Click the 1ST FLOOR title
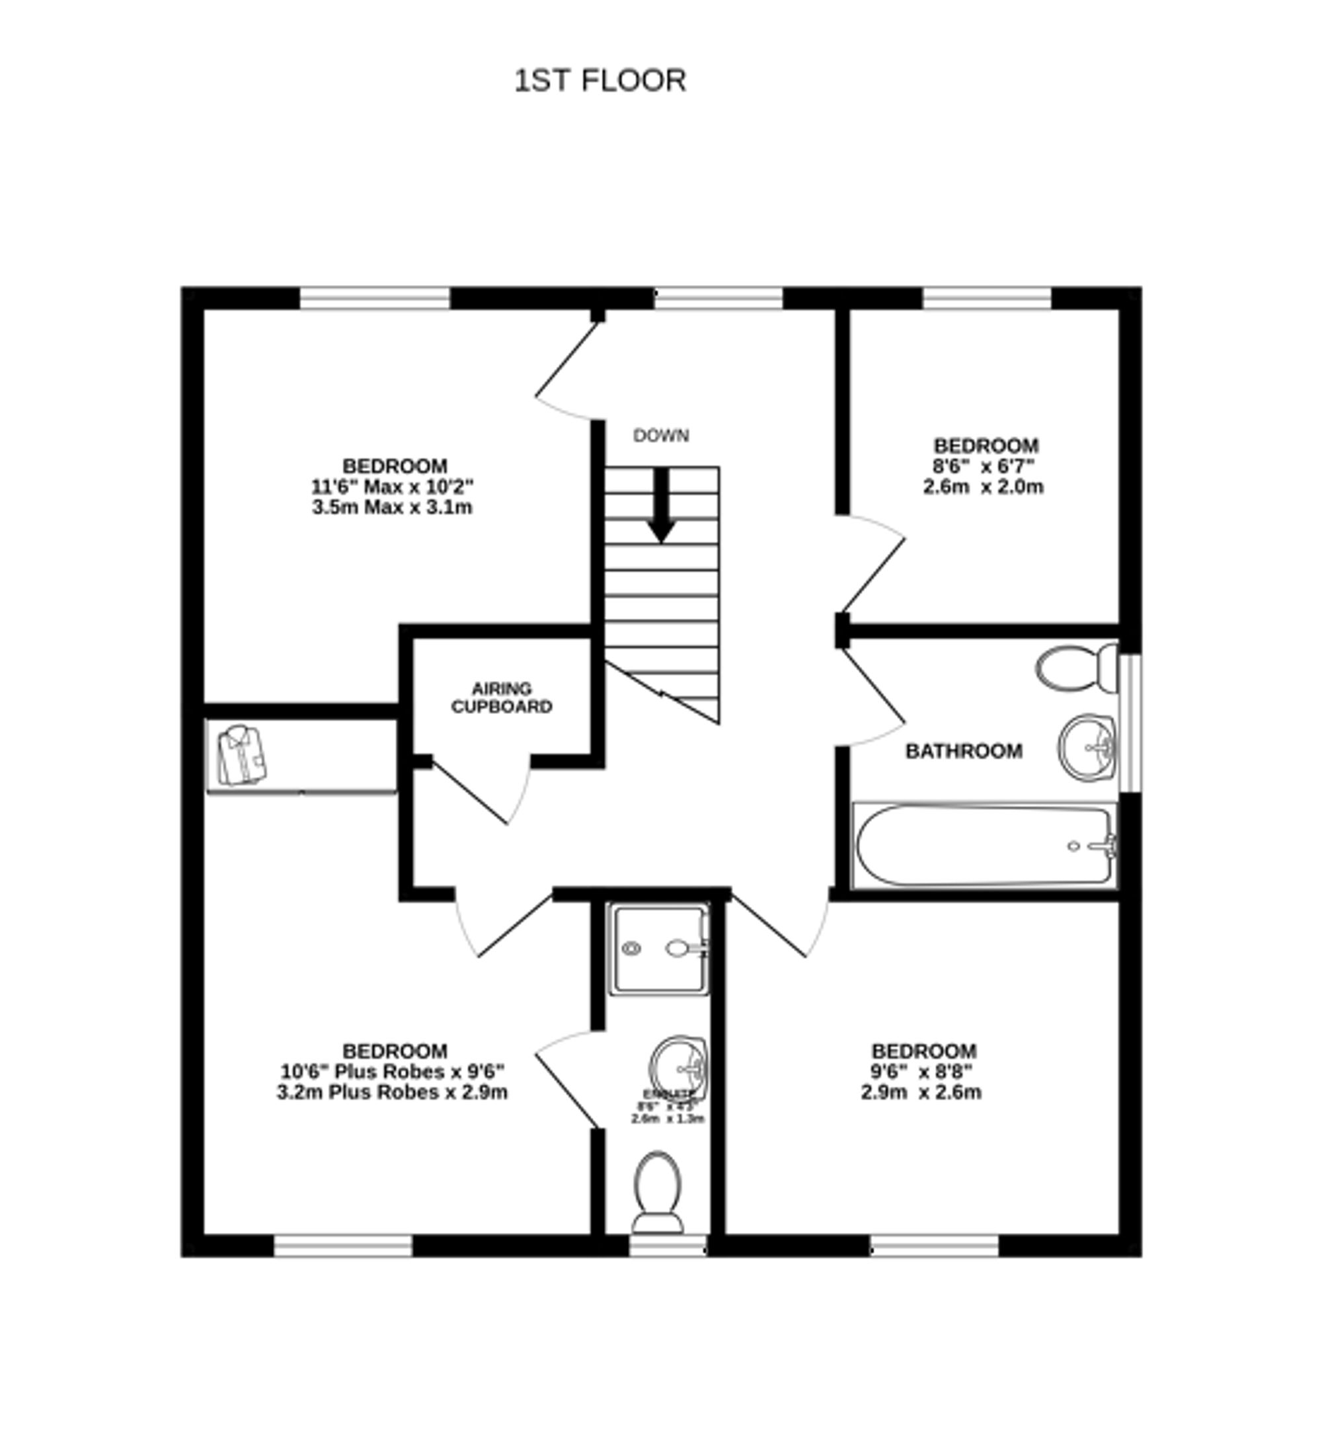(x=600, y=80)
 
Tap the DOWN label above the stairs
(x=660, y=436)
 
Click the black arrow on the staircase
(x=661, y=505)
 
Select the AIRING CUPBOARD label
(x=502, y=698)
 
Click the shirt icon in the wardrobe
(x=242, y=756)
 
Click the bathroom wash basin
(x=1086, y=748)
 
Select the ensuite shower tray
(x=658, y=949)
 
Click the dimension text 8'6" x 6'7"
(x=984, y=466)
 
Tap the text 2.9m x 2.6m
(x=921, y=1092)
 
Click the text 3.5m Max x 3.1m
(x=392, y=508)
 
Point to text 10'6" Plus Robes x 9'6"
(x=392, y=1072)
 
